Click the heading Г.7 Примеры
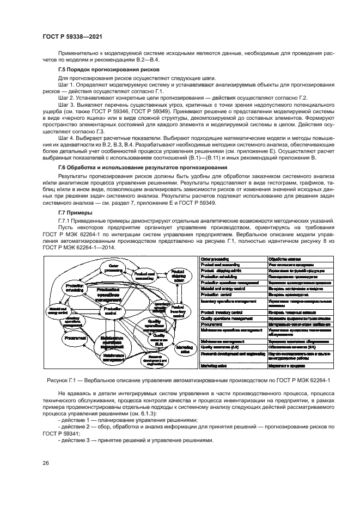(x=75, y=212)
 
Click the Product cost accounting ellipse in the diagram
(x=145, y=277)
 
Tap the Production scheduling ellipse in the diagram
(x=71, y=288)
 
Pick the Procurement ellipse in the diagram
(x=72, y=339)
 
